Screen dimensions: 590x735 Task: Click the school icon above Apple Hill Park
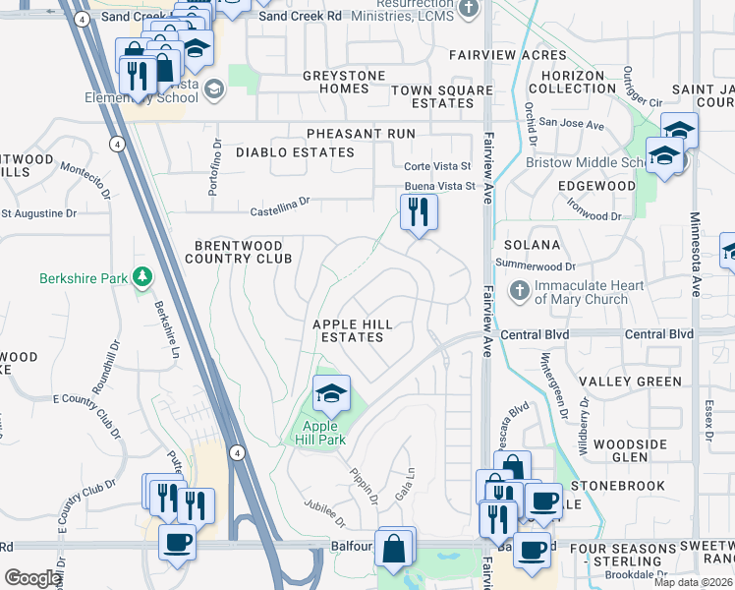point(332,394)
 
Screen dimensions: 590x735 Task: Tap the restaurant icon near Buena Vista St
point(419,211)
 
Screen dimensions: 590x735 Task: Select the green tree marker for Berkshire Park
point(143,277)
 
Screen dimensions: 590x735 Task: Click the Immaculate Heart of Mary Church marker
point(521,292)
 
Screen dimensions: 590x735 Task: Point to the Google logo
point(31,578)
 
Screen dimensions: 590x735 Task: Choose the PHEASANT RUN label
point(360,134)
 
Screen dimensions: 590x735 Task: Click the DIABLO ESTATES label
point(294,152)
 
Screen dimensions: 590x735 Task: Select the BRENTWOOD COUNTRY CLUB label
point(239,252)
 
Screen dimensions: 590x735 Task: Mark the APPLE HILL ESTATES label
point(352,330)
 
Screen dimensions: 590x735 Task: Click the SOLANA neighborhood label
point(532,245)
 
